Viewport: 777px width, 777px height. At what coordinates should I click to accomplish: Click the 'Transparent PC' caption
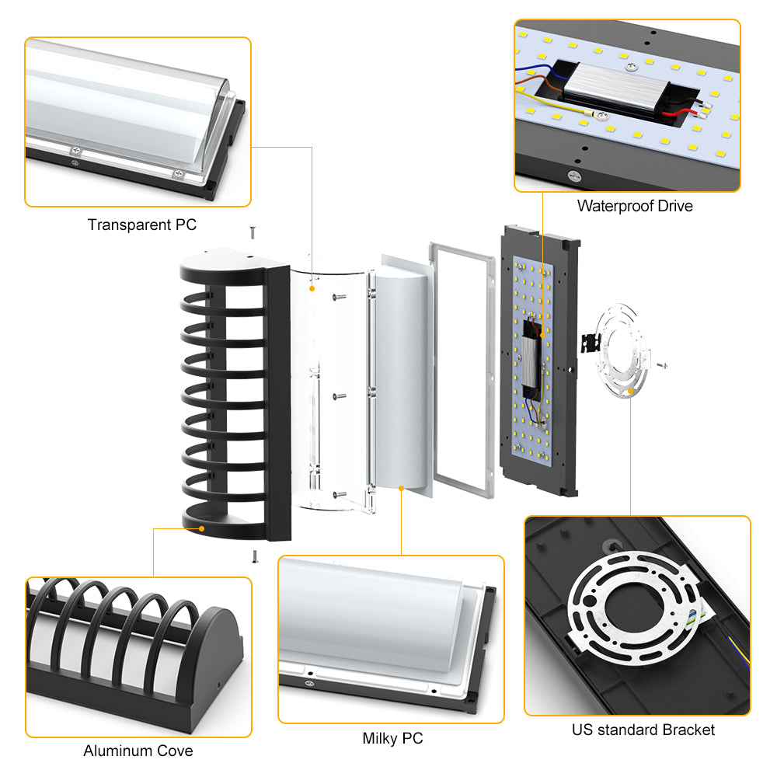pos(141,225)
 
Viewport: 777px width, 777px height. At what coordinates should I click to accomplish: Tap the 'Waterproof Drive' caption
pos(634,206)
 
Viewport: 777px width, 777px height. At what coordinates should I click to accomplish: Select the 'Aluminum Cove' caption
pos(138,751)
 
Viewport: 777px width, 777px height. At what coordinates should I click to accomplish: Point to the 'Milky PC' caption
pos(392,738)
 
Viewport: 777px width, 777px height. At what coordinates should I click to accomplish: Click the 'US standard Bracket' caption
pos(643,730)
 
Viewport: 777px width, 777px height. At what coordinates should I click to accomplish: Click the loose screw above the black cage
pos(253,232)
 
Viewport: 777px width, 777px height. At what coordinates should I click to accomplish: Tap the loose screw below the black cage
pos(254,556)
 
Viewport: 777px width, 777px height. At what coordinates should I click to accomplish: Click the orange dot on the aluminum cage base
pos(203,528)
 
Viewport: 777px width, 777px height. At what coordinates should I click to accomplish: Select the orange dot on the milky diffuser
pos(401,488)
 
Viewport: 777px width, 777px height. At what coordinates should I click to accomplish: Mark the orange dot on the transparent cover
pos(312,288)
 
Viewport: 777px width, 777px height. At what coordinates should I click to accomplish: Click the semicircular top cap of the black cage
pos(225,258)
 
